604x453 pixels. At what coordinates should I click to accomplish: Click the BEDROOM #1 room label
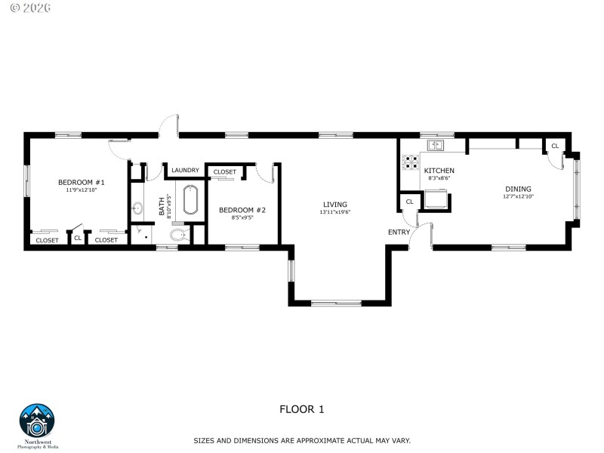pyautogui.click(x=82, y=182)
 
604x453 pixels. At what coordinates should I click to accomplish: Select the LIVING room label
pyautogui.click(x=334, y=204)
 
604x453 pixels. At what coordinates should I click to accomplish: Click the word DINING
pyautogui.click(x=518, y=189)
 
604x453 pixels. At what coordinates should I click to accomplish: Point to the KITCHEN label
pyautogui.click(x=439, y=171)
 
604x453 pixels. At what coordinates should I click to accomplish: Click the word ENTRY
pyautogui.click(x=399, y=232)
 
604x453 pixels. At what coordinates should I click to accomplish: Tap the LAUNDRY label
pyautogui.click(x=185, y=170)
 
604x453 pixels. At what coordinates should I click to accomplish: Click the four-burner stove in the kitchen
pyautogui.click(x=411, y=162)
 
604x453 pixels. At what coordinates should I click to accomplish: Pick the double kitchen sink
pyautogui.click(x=437, y=144)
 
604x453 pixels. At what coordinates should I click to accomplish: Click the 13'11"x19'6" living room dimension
pyautogui.click(x=334, y=212)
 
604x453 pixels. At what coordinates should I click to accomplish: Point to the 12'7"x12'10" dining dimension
pyautogui.click(x=518, y=196)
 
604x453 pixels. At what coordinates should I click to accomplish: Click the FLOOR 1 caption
pyautogui.click(x=301, y=409)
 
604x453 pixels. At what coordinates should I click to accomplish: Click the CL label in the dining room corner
pyautogui.click(x=555, y=146)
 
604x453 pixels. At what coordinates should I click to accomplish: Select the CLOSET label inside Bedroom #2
pyautogui.click(x=224, y=172)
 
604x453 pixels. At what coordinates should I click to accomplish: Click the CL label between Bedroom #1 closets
pyautogui.click(x=78, y=239)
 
